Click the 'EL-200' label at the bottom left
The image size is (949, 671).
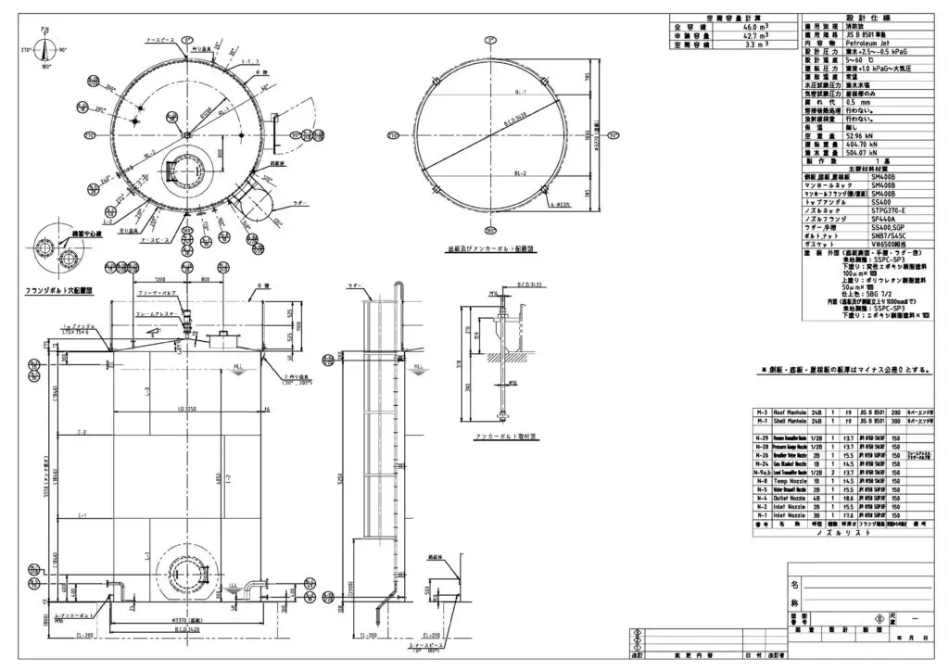pos(86,637)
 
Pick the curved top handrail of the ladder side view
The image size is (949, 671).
pos(400,289)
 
